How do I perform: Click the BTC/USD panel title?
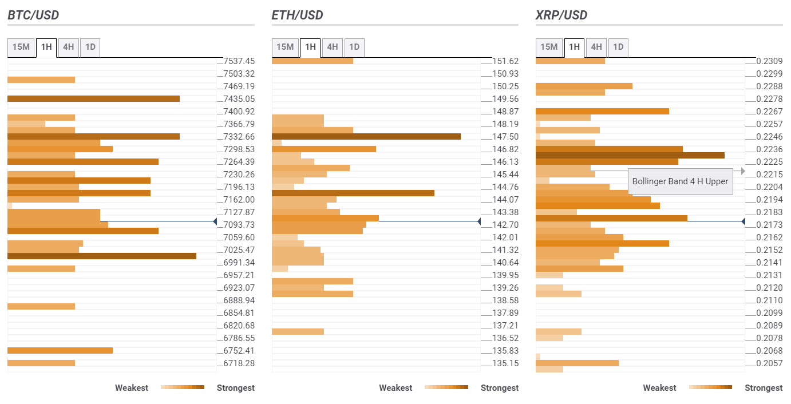tap(33, 15)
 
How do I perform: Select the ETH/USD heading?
tap(297, 15)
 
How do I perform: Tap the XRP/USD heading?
tap(561, 15)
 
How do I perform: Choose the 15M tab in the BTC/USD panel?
tap(21, 47)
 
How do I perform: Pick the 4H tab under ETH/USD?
tap(333, 47)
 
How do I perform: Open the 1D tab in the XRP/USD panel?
tap(618, 47)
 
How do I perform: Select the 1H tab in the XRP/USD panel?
tap(574, 47)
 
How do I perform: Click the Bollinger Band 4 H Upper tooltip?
tap(680, 181)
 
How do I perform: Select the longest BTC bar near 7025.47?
tap(102, 256)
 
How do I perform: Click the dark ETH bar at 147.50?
tap(366, 137)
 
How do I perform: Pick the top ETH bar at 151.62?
tap(313, 61)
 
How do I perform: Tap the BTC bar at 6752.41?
tap(60, 350)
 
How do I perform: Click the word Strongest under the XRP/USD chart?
tap(764, 388)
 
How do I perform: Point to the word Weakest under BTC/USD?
tap(132, 388)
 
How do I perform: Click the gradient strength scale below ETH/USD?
tap(446, 387)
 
